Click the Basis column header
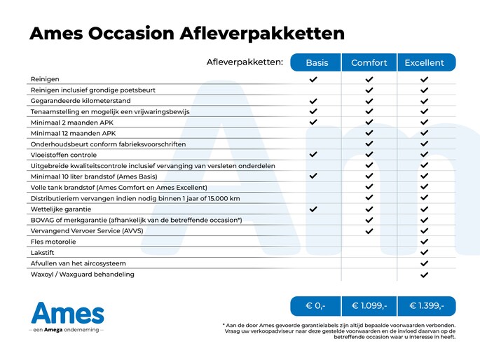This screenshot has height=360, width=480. (x=317, y=62)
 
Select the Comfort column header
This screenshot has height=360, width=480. (x=369, y=62)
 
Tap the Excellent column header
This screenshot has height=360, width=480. (x=424, y=62)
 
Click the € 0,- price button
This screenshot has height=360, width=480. (x=317, y=305)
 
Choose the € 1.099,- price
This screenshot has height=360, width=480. (x=369, y=305)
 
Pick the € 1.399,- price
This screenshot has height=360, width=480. (x=424, y=305)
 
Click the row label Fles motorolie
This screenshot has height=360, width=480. (x=53, y=241)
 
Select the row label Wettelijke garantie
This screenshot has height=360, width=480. (x=61, y=209)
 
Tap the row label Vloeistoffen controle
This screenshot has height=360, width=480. (x=64, y=154)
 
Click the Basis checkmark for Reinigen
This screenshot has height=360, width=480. (x=313, y=80)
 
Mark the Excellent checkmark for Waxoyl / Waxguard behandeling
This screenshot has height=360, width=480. (x=424, y=275)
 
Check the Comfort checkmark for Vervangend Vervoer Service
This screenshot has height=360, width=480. (x=369, y=230)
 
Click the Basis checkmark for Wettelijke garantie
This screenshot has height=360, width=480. (x=313, y=209)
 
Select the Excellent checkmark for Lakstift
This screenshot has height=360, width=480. (x=424, y=252)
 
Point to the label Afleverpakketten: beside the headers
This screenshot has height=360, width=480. (x=245, y=62)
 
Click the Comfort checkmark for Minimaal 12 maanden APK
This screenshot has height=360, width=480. (x=369, y=133)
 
